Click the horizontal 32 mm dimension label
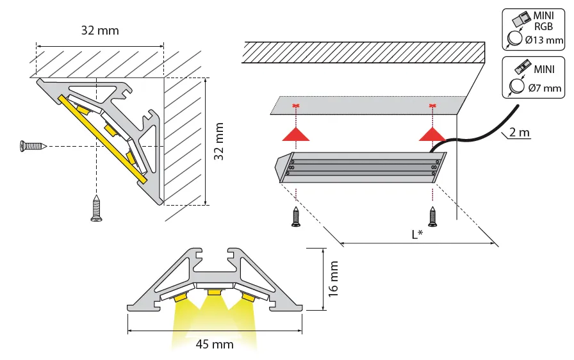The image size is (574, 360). coord(100,30)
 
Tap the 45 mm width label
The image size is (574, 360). coord(215,344)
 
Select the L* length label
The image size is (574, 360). coord(416,234)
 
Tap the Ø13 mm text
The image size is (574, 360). coord(543,41)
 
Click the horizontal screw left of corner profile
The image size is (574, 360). coord(32,146)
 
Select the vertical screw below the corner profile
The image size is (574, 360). coord(97,209)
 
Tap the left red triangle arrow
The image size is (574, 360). coord(297,133)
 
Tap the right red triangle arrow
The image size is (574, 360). coord(432,133)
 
